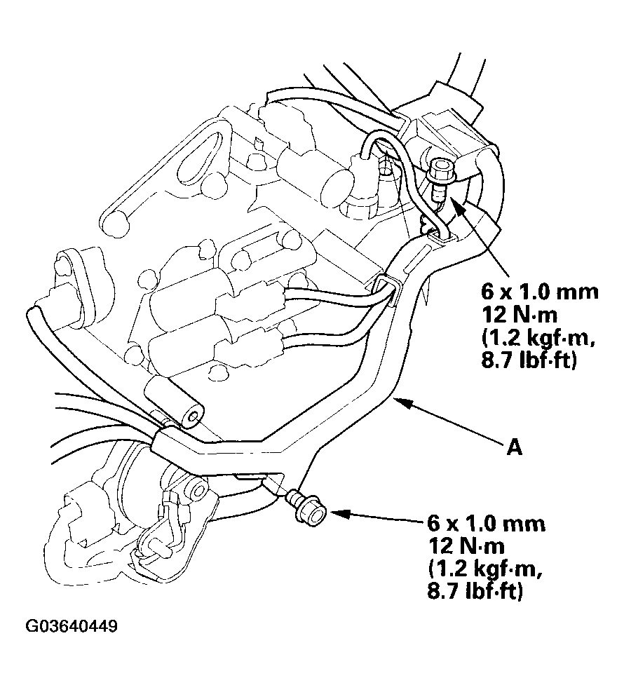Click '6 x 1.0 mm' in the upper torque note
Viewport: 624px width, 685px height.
[x=539, y=291]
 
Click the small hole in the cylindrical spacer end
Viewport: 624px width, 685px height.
[x=190, y=420]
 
